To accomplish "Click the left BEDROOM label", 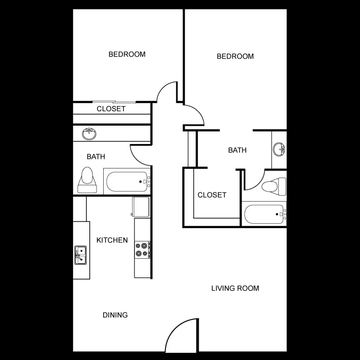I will [127, 54].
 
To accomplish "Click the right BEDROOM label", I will [235, 56].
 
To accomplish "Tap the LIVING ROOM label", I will [235, 288].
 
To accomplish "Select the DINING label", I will [115, 315].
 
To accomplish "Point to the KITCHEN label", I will [112, 240].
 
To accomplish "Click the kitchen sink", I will [80, 254].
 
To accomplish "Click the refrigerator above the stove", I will [140, 206].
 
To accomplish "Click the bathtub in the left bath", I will [127, 181].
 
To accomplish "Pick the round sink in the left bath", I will [89, 133].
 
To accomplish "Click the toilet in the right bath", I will [274, 186].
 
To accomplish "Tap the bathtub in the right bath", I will [264, 214].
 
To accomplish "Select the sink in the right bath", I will [279, 149].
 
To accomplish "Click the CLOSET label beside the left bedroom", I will [111, 109].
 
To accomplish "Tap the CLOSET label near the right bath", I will [212, 195].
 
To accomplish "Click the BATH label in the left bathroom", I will [96, 156].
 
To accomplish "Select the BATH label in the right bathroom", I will [237, 150].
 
